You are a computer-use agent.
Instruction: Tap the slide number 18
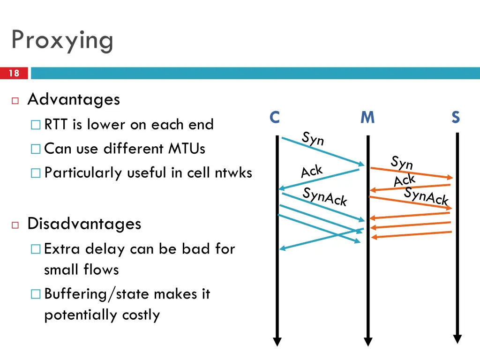coord(14,73)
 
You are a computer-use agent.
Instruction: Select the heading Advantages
coord(74,99)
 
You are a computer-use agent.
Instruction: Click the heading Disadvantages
coord(84,224)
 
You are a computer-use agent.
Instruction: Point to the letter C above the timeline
coord(275,118)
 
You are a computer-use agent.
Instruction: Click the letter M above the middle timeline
coord(367,118)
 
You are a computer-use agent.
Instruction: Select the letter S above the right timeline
coord(456,118)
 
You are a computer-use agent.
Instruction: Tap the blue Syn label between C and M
coord(313,138)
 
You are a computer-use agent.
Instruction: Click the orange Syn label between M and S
coord(402,163)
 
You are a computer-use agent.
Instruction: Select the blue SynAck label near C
coord(325,196)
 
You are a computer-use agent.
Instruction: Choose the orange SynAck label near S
coord(427,196)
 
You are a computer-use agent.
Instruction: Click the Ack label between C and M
coord(312,171)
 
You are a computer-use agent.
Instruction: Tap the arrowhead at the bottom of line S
coord(457,339)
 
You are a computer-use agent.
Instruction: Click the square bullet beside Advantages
coord(15,100)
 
